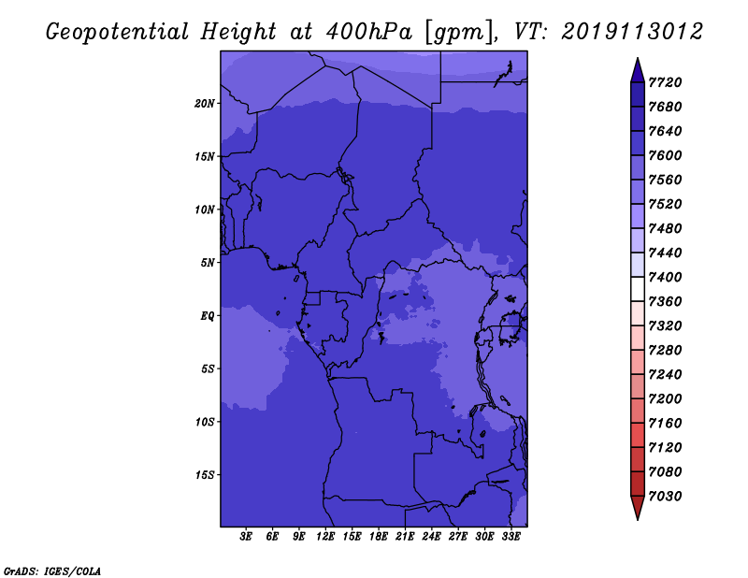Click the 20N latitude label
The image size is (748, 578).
[x=205, y=104]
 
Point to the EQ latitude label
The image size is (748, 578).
[x=208, y=316]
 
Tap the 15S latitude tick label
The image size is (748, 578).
[x=205, y=475]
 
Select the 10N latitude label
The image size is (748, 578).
[x=205, y=210]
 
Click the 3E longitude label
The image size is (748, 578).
[x=246, y=537]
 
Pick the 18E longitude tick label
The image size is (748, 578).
[x=379, y=537]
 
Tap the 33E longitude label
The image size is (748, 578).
[x=511, y=537]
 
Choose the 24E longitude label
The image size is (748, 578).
[x=431, y=537]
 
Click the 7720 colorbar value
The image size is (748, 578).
[x=665, y=82]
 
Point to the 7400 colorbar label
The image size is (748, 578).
[x=665, y=277]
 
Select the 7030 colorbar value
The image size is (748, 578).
[x=665, y=497]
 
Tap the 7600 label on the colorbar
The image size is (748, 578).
[x=665, y=155]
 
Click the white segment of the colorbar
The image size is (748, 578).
[x=638, y=289]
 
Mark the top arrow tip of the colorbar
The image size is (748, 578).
[x=638, y=58]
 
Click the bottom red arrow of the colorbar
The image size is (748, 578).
[x=638, y=508]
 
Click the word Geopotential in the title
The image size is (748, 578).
[x=118, y=32]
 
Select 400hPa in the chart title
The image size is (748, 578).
[x=369, y=32]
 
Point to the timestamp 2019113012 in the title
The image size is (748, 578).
[x=632, y=32]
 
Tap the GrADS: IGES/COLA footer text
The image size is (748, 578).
[x=52, y=571]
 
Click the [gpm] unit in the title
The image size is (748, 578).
[x=459, y=33]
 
